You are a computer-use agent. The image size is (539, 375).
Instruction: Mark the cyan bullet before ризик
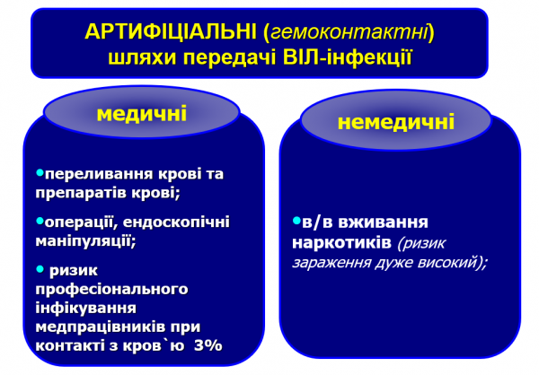point(40,268)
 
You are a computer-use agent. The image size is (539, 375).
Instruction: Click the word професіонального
point(111,289)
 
